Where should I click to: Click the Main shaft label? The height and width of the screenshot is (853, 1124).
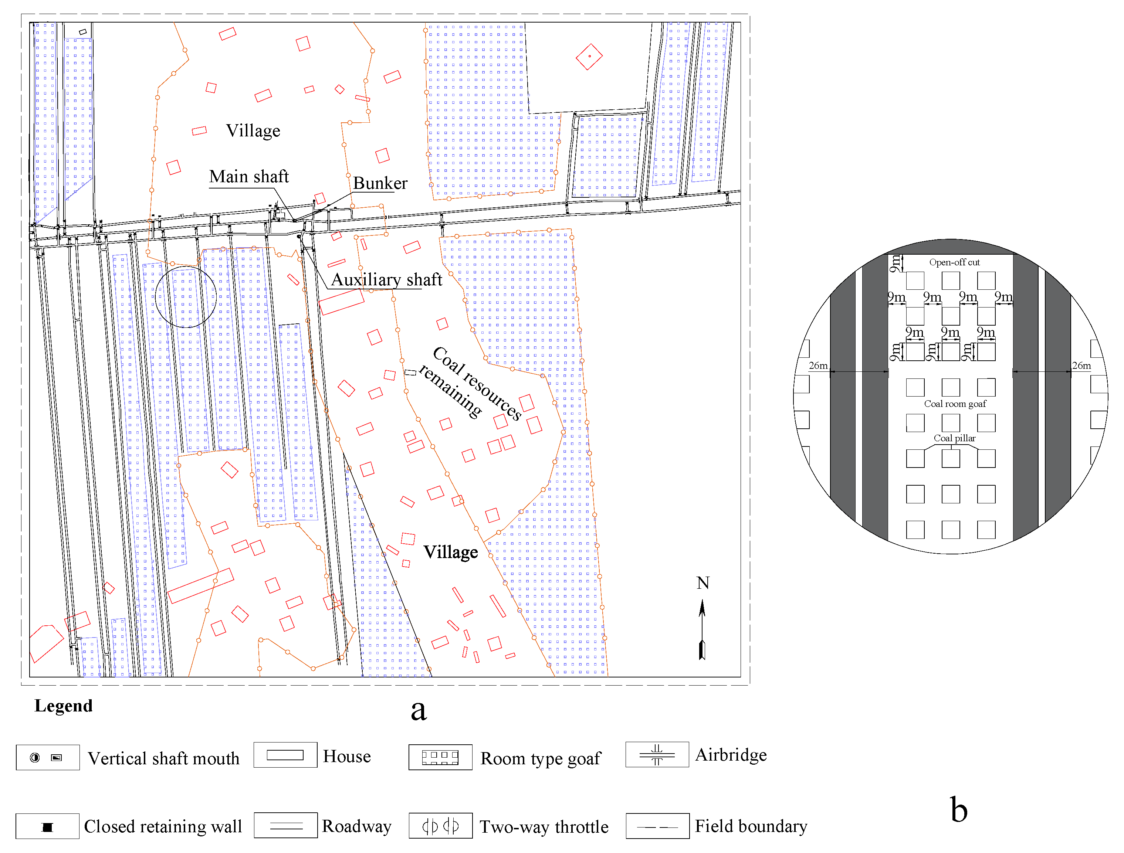point(248,177)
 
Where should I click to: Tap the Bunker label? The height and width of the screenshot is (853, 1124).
point(380,183)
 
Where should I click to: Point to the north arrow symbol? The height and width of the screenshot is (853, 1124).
point(702,630)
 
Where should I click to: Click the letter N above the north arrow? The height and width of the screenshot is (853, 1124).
point(703,583)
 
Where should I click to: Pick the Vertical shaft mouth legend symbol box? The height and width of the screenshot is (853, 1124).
point(47,758)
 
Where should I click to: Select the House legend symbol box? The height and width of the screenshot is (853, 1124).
point(285,755)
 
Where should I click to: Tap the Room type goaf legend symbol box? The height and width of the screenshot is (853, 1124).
point(440,758)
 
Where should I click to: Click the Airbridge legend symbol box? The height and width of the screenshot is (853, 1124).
point(657,755)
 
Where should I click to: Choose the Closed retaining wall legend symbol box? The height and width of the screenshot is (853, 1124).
point(47,827)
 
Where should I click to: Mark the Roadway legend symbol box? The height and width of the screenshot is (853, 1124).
point(285,826)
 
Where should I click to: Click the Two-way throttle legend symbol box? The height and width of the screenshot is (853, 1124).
point(440,827)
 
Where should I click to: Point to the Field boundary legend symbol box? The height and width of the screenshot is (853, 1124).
point(657,827)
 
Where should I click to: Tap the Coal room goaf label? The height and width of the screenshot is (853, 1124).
point(955,404)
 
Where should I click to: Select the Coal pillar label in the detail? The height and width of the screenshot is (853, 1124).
point(954,438)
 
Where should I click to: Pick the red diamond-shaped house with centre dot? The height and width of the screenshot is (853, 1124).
point(589,57)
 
